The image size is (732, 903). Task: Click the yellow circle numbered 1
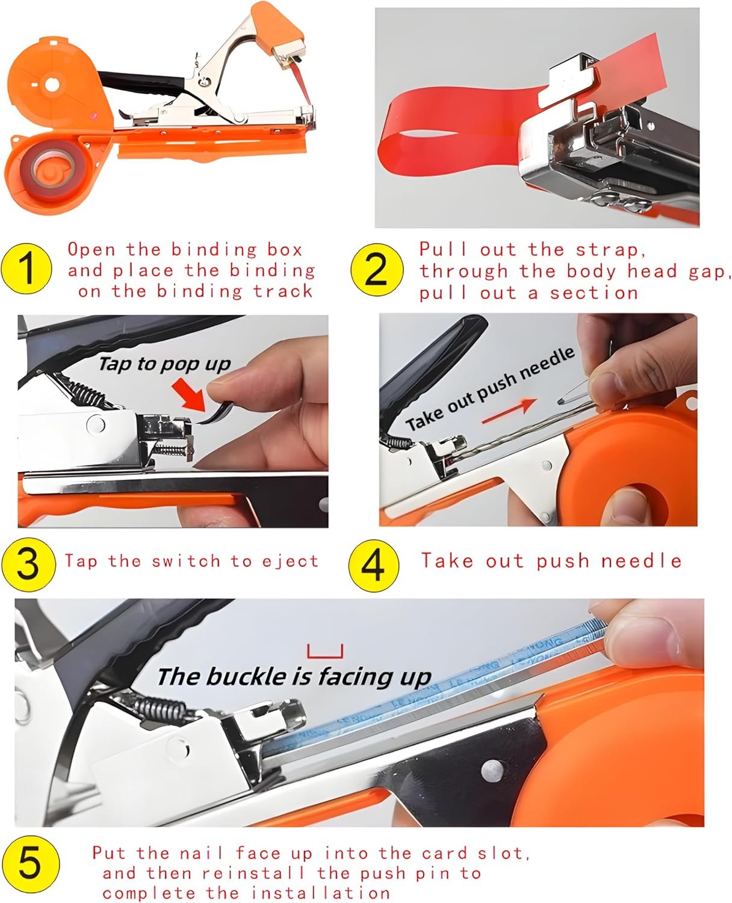coord(26,269)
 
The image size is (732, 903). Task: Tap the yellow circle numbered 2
coord(376,270)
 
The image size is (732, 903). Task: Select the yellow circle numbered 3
coord(28,564)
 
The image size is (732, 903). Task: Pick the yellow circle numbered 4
coord(373,565)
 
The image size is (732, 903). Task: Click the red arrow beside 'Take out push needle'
coord(509,411)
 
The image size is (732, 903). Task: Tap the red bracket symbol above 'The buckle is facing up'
coord(324,651)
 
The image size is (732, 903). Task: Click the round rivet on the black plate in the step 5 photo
coord(492,769)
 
